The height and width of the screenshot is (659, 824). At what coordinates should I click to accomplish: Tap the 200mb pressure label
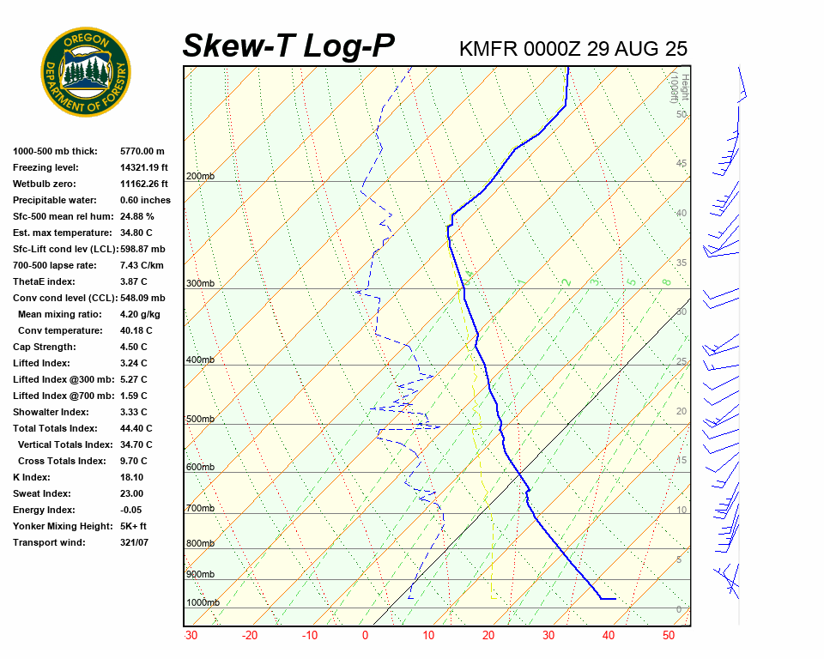200,177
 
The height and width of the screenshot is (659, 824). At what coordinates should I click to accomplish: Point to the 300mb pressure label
200,284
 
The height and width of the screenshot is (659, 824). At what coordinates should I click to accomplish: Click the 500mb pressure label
200,420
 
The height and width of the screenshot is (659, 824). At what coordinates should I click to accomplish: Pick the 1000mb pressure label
203,603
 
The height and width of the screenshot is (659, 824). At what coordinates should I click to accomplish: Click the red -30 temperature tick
191,636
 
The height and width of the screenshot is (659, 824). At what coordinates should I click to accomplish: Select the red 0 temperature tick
366,636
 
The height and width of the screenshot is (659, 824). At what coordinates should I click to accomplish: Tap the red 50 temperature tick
669,636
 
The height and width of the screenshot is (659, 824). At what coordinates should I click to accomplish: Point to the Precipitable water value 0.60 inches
145,200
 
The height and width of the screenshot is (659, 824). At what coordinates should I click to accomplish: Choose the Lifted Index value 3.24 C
133,363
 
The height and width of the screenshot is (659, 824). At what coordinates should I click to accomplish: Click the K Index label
32,477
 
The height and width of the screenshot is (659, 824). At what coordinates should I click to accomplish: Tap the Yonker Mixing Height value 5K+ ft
134,526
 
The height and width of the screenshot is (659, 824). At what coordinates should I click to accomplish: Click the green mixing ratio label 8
666,281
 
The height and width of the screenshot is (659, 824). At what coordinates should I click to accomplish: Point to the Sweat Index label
41,493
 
